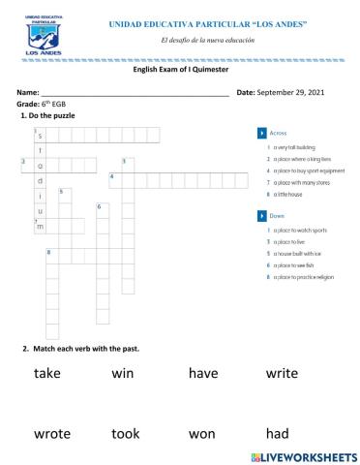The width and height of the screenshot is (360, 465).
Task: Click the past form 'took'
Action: coord(126,434)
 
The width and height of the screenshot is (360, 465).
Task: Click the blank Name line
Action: coord(135,93)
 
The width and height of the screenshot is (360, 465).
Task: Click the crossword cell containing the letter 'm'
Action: coord(41,226)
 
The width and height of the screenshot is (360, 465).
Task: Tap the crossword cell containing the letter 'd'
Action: coord(41,180)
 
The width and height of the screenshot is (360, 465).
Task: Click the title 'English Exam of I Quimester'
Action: coord(179,70)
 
